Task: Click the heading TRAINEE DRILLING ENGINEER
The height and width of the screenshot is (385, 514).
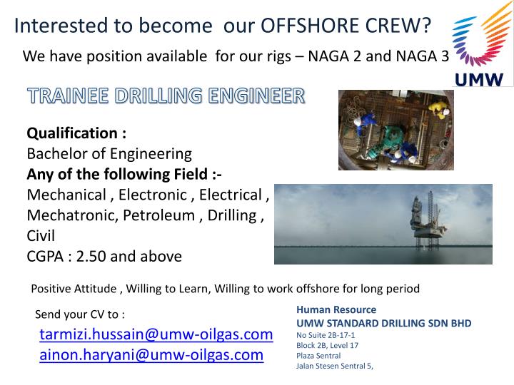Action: tap(166, 96)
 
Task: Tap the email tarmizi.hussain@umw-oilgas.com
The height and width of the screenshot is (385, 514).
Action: tap(156, 334)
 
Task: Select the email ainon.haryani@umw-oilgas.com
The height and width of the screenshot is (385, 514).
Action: tap(151, 354)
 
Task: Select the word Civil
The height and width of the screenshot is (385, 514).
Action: tap(41, 235)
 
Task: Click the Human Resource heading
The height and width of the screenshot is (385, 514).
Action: tap(336, 310)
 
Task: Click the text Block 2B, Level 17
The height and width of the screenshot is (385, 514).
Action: tap(327, 345)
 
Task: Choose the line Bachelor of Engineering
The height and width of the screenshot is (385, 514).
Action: tap(109, 153)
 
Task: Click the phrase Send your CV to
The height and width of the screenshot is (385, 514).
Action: tap(80, 314)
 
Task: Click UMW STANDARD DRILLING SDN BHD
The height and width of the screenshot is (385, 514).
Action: tap(384, 323)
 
